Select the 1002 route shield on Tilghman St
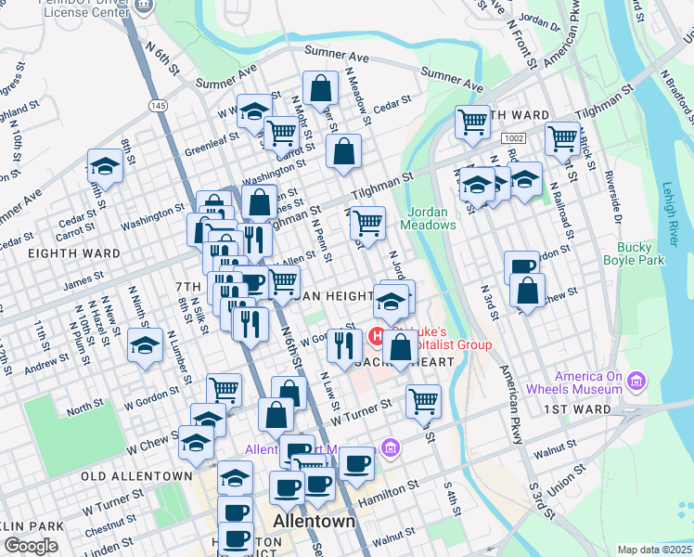coord(513,137)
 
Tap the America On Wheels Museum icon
coord(636,382)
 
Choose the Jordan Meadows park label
coord(429,218)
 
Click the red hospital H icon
coord(379,335)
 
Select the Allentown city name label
coord(315,522)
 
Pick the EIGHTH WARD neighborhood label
coord(73,253)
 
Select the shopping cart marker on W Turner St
coord(423,401)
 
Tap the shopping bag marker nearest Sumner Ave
coord(320,89)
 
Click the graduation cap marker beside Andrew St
coord(145,346)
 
